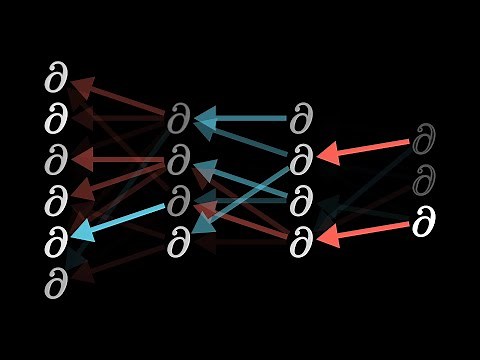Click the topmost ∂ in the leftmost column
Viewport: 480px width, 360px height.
coord(56,77)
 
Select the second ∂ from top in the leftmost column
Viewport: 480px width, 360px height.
coord(56,119)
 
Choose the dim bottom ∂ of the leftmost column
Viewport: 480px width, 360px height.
coord(56,284)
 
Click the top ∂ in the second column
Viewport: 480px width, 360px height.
coord(179,120)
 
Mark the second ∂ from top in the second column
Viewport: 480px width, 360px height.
coord(179,160)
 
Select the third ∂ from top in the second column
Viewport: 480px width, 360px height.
coord(179,201)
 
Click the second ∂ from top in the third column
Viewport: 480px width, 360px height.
coord(301,160)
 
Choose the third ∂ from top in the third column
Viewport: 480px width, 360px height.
coord(301,201)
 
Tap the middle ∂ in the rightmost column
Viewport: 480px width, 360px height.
coord(426,181)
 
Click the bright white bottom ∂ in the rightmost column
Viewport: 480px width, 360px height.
coord(426,223)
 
